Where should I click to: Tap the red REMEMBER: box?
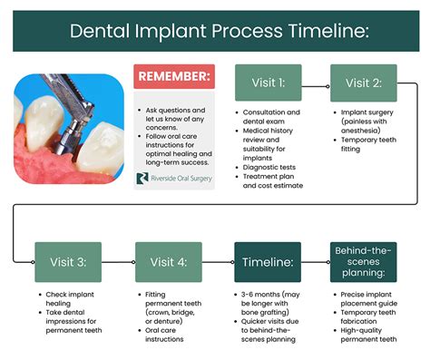pyautogui.click(x=176, y=76)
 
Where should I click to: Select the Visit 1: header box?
pyautogui.click(x=269, y=83)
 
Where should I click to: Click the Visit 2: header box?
pyautogui.click(x=363, y=83)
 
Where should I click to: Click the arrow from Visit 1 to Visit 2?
pyautogui.click(x=316, y=83)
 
